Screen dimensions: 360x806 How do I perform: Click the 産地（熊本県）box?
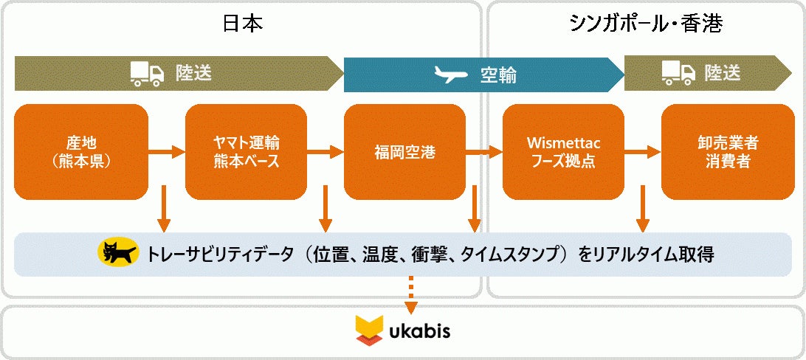click(81, 152)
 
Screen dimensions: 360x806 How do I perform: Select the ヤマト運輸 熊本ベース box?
click(246, 152)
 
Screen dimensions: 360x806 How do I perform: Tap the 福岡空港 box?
click(404, 152)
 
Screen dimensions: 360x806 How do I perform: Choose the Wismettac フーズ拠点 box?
click(563, 152)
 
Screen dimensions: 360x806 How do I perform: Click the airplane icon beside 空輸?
click(452, 75)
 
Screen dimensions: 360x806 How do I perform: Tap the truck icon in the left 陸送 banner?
click(147, 72)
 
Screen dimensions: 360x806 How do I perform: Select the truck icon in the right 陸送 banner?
click(678, 72)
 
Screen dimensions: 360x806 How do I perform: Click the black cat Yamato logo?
click(118, 254)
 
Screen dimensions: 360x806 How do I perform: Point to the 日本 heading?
click(243, 24)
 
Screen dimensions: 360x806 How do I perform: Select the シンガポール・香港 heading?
click(645, 24)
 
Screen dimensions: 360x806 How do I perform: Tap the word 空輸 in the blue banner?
click(498, 75)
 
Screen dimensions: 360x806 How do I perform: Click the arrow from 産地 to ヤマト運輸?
click(167, 153)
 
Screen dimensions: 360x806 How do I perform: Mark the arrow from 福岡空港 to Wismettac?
click(484, 153)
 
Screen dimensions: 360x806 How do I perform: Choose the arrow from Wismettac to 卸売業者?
click(643, 153)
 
